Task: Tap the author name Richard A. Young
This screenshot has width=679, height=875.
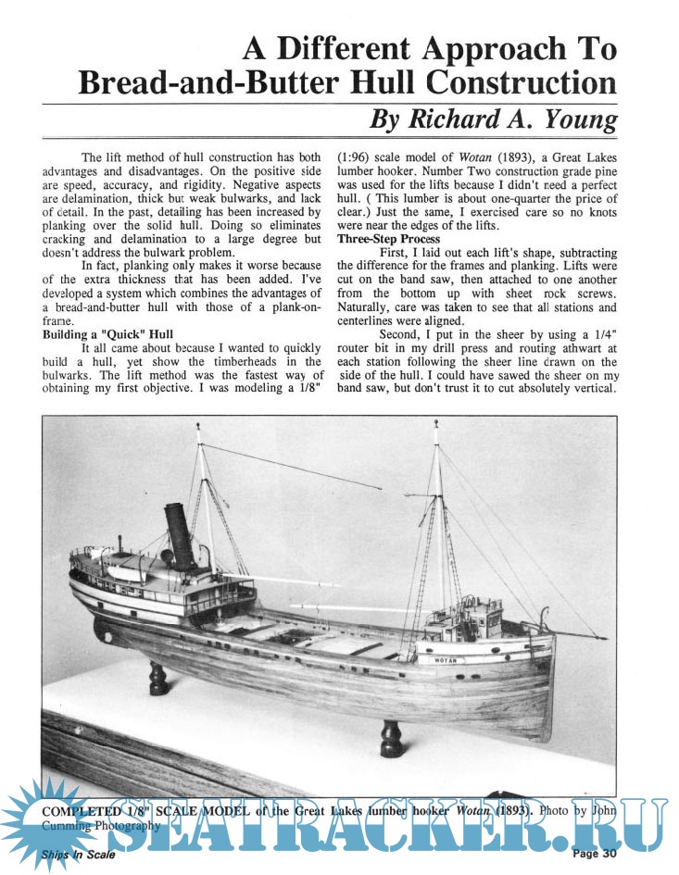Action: (x=493, y=120)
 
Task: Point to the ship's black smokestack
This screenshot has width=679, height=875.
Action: (x=178, y=536)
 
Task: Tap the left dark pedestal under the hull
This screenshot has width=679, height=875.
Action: (x=158, y=679)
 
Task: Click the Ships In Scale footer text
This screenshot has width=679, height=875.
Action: (x=79, y=855)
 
